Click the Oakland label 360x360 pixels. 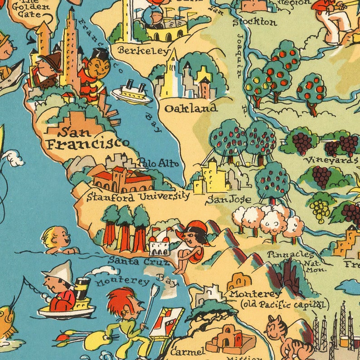point(190,108)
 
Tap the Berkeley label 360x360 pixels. point(143,51)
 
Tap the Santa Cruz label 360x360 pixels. point(137,261)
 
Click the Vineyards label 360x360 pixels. point(331,160)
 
